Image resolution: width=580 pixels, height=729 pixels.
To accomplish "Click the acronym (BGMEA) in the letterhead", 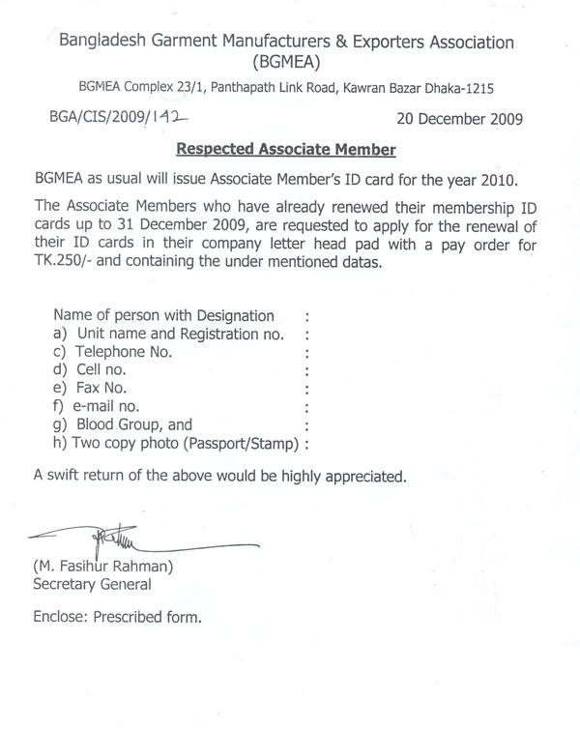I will pos(288,64).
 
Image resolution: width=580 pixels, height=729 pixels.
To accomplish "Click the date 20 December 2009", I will pos(460,120).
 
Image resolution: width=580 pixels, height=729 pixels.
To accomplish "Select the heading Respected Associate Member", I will pos(287,150).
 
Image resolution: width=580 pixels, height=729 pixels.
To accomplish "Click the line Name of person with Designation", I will pos(163,316).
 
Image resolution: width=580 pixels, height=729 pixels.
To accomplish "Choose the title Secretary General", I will pos(92,585).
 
